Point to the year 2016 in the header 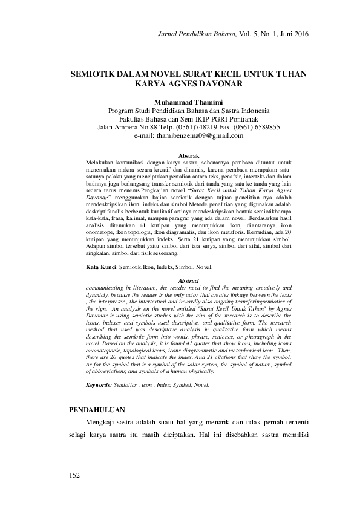click(x=299, y=34)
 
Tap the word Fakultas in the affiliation click(x=135, y=119)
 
